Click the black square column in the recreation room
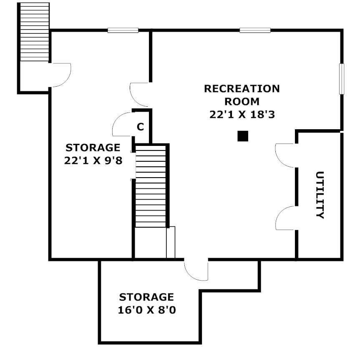[x=243, y=136]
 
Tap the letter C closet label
[x=140, y=127]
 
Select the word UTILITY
[x=320, y=195]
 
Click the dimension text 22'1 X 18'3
[x=242, y=114]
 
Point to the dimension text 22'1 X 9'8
[x=93, y=160]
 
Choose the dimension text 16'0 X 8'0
[x=147, y=310]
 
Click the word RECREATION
[x=242, y=89]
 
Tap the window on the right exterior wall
[x=342, y=79]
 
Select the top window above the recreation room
[x=255, y=30]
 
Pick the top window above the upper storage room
[x=123, y=30]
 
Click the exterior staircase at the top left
[x=35, y=32]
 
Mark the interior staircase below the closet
[x=151, y=186]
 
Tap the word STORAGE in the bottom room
[x=146, y=297]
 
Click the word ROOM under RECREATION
[x=242, y=102]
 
